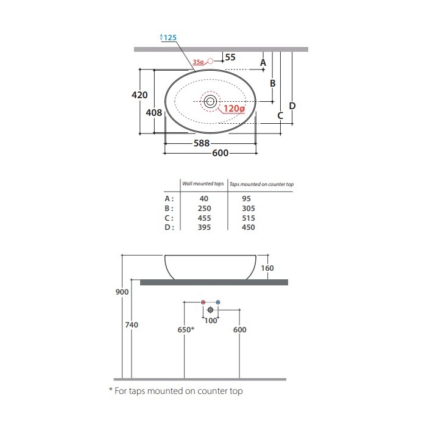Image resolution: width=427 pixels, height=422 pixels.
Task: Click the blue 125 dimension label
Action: click(x=170, y=38)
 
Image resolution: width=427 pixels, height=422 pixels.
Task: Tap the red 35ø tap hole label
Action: click(x=198, y=62)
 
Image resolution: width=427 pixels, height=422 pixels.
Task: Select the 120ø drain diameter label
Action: click(x=234, y=109)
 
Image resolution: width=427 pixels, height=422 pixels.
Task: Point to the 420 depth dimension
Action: click(x=139, y=95)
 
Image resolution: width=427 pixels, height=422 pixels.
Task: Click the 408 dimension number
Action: click(x=154, y=113)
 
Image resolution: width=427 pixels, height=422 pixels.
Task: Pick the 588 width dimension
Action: click(x=202, y=143)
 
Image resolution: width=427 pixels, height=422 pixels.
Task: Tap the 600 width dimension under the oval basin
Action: click(x=221, y=153)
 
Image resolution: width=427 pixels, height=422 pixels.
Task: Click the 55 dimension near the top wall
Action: click(x=230, y=57)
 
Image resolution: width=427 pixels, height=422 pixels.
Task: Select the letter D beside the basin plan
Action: click(x=292, y=105)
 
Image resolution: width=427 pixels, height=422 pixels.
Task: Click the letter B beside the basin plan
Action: click(x=273, y=83)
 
